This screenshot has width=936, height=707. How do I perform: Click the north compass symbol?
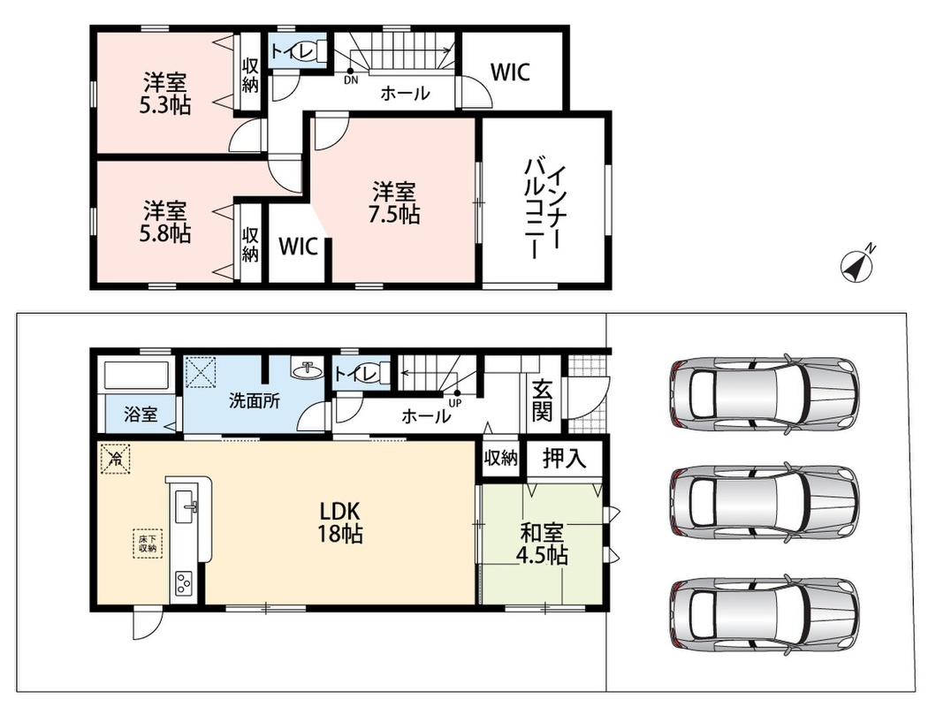[857, 266]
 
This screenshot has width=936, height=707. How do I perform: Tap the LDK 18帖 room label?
[339, 521]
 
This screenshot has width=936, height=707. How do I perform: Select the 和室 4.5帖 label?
[541, 544]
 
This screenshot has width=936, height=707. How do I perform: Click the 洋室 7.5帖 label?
[393, 203]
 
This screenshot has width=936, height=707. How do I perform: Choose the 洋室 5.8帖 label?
[164, 222]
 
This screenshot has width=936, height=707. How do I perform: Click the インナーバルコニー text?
[543, 209]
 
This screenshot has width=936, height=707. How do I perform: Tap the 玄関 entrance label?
[542, 399]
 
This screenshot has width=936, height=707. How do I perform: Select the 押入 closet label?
[564, 458]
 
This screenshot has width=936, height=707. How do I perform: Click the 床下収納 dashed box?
[147, 544]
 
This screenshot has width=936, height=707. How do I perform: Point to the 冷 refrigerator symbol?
[115, 459]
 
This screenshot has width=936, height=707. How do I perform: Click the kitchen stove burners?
[183, 583]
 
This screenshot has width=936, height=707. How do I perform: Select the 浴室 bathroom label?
[141, 414]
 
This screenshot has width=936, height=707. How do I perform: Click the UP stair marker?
[456, 398]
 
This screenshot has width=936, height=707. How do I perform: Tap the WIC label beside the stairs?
[510, 72]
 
